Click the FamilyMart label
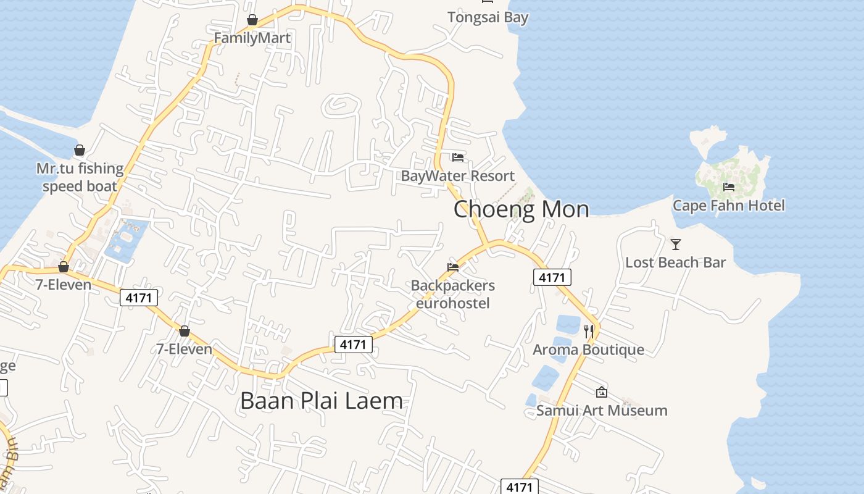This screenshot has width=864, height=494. pyautogui.click(x=252, y=38)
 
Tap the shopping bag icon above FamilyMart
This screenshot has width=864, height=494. pyautogui.click(x=252, y=20)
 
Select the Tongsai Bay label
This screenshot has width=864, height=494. pyautogui.click(x=488, y=17)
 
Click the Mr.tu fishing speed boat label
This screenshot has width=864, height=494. pyautogui.click(x=80, y=177)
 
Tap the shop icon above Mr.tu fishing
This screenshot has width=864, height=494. pyautogui.click(x=80, y=150)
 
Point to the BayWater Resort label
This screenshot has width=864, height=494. pyautogui.click(x=457, y=175)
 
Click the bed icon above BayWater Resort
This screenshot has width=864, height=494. pyautogui.click(x=457, y=157)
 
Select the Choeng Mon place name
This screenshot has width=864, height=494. pyautogui.click(x=521, y=209)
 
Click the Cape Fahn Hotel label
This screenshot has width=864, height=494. pyautogui.click(x=728, y=205)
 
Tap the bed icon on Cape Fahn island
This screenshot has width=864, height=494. pyautogui.click(x=729, y=186)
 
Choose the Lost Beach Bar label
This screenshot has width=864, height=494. pyautogui.click(x=675, y=262)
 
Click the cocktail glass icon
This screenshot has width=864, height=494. pyautogui.click(x=676, y=245)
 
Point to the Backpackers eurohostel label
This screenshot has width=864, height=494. pyautogui.click(x=453, y=294)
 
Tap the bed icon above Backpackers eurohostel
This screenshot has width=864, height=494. pyautogui.click(x=453, y=267)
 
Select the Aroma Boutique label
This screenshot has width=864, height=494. pyautogui.click(x=588, y=350)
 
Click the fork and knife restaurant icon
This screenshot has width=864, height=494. pyautogui.click(x=589, y=332)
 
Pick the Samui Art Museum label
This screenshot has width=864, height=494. pyautogui.click(x=602, y=410)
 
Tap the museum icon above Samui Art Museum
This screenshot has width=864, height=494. pyautogui.click(x=602, y=392)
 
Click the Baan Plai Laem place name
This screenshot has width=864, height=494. pyautogui.click(x=321, y=401)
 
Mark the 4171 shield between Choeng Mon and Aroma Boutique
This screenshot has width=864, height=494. pyautogui.click(x=552, y=277)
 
